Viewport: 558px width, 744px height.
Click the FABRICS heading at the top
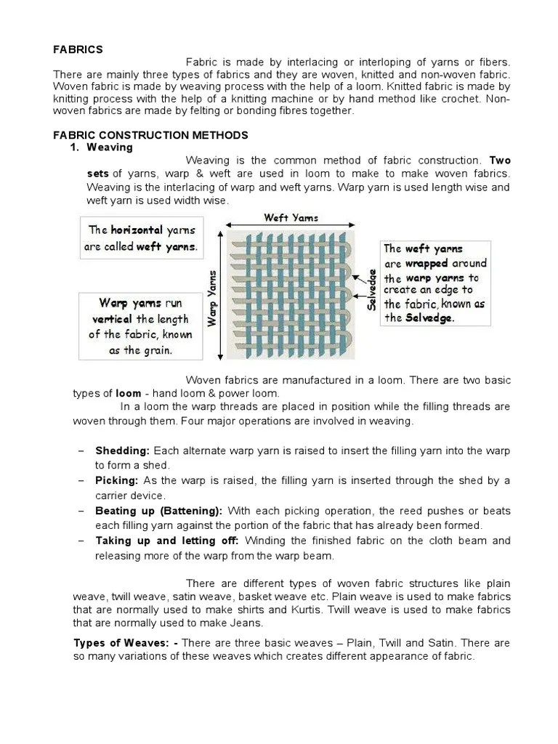[78, 49]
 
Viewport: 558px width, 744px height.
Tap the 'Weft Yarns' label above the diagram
[291, 217]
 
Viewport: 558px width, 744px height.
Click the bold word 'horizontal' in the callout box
[137, 230]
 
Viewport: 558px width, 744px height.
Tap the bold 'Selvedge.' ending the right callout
[429, 318]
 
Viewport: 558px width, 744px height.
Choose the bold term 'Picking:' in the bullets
[117, 481]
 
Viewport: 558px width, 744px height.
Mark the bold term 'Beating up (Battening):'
[159, 511]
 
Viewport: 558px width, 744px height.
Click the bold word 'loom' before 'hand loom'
[128, 393]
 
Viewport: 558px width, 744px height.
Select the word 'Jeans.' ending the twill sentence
[247, 623]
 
